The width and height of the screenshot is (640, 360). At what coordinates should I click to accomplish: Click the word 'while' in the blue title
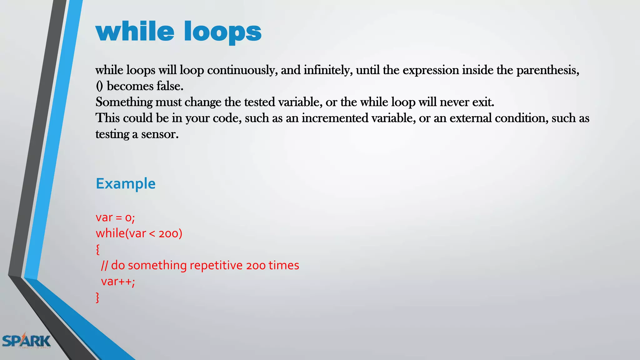coord(135,32)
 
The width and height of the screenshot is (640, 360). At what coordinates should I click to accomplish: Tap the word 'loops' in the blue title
coord(222,33)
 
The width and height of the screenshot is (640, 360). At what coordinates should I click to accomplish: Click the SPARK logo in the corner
coord(26,341)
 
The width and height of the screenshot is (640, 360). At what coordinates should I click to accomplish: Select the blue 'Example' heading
coord(126,183)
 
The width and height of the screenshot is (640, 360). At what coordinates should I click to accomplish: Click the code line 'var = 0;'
coord(115,217)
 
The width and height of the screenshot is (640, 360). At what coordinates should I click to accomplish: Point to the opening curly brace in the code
coord(98,249)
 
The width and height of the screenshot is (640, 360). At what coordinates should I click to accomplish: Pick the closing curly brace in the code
coord(98,297)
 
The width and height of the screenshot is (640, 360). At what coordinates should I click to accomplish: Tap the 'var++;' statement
coord(118,282)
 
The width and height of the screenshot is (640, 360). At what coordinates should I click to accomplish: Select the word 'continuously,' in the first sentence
coord(242,70)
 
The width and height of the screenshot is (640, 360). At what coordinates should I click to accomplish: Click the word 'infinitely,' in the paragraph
coord(328,70)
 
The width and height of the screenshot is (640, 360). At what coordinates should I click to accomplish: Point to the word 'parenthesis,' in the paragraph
coord(547,70)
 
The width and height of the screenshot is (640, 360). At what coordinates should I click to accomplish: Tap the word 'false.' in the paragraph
coord(170,86)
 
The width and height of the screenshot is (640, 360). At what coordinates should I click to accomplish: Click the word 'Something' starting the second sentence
coord(124,102)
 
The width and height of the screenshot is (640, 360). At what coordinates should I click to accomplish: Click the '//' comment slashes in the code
coord(104,265)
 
